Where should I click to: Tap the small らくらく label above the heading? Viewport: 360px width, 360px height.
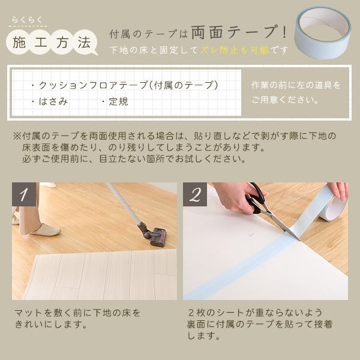[x=27, y=22]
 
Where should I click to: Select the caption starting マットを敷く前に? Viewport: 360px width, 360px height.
[x=77, y=319]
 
